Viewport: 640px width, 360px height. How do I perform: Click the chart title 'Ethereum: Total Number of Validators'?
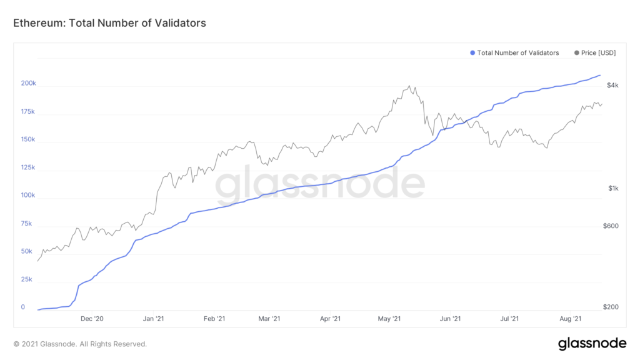[x=109, y=23]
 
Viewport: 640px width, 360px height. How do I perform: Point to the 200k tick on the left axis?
[x=28, y=83]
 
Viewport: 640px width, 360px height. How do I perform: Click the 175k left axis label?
[x=28, y=112]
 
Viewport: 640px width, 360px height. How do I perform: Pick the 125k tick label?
[x=28, y=167]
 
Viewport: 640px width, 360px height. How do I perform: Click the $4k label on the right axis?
[x=612, y=85]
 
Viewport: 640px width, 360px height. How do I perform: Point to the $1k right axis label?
[x=612, y=189]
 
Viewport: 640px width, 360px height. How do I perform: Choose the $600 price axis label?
[x=610, y=226]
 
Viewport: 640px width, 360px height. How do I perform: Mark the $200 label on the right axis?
[x=610, y=307]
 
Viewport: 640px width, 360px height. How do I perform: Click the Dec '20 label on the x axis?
[x=92, y=319]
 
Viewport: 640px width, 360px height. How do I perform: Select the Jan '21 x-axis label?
[x=154, y=319]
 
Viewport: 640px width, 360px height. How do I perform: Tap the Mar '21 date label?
[x=268, y=319]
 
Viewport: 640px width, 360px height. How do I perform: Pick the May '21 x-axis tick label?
[x=389, y=319]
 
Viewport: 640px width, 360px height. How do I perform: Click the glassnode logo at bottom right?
[x=592, y=343]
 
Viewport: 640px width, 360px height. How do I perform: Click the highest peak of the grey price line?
[x=409, y=86]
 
